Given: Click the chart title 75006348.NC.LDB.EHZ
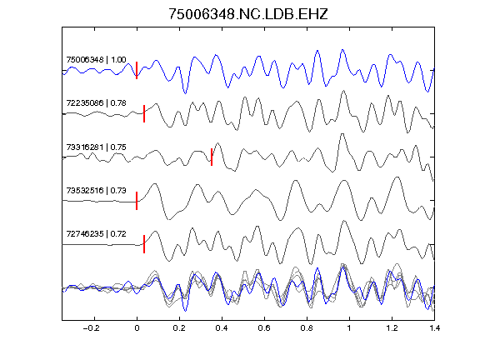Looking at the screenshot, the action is (248, 14).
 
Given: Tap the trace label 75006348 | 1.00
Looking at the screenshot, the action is (96, 59).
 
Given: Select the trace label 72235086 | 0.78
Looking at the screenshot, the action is (96, 102).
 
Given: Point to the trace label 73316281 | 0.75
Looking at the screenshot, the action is (96, 147).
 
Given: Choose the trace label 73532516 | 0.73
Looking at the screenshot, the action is (96, 190).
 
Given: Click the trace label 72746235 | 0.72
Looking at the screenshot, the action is (96, 234).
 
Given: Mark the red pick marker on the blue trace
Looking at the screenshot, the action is (137, 70).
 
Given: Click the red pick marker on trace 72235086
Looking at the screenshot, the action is (144, 113).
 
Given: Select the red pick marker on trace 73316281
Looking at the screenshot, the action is (212, 157).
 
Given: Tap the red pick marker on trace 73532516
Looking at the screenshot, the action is (137, 201).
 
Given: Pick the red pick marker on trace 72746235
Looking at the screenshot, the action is (144, 244).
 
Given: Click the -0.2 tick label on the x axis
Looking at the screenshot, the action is (92, 328).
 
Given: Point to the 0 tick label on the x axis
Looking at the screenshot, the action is (137, 328).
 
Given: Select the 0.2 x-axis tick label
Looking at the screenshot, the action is (179, 328).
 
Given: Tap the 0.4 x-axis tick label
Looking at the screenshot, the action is (222, 328).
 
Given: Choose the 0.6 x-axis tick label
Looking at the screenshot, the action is (264, 328).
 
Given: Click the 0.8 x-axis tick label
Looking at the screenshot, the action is (307, 328).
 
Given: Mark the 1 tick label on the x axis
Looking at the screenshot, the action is (349, 328).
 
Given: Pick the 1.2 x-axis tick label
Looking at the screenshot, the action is (392, 328).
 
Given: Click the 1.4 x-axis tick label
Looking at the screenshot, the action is (434, 328).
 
